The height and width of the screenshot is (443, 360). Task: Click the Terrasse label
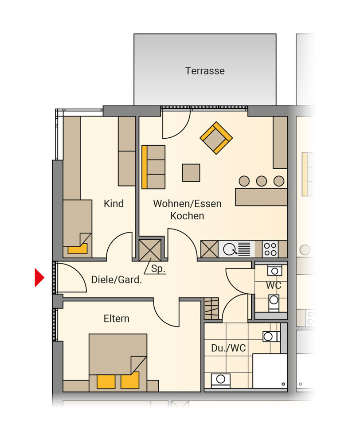[205, 70]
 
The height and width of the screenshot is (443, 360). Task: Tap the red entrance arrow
[39, 277]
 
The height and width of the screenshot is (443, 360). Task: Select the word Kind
[113, 203]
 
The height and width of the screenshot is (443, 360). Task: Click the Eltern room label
[116, 319]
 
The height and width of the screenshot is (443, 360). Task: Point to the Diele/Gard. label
[116, 280]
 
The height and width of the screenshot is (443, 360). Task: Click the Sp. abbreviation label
[158, 269]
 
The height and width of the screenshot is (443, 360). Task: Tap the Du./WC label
[228, 348]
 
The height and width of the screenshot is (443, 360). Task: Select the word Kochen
[187, 216]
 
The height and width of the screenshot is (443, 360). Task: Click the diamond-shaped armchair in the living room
[216, 138]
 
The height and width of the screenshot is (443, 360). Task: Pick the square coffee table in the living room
[191, 173]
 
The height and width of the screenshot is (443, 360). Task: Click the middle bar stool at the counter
[261, 181]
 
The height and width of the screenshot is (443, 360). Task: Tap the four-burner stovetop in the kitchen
[270, 249]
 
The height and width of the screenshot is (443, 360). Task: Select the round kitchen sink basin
[229, 249]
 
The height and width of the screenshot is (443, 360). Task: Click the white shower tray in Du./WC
[270, 371]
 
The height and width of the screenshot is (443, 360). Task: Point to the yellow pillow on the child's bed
[77, 249]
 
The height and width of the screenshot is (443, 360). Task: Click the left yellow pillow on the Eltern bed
[106, 382]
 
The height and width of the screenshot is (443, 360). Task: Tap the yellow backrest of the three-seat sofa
[144, 167]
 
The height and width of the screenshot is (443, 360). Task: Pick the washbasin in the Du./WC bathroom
[221, 380]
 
